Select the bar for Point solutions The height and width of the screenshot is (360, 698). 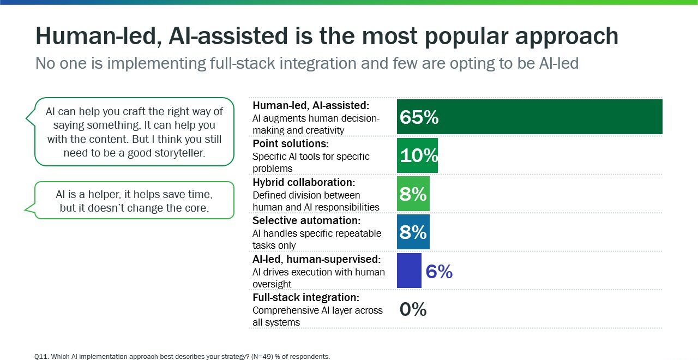tap(417, 155)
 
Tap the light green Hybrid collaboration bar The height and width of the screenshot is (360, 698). tap(413, 194)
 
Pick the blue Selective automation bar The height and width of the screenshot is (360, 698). tap(413, 232)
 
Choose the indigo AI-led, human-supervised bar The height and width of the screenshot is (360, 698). tap(409, 271)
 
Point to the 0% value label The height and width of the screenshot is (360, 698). tap(413, 310)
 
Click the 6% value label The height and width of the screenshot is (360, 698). tap(439, 271)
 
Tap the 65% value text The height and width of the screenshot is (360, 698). tap(419, 117)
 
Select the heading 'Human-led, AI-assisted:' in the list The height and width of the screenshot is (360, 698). tap(311, 105)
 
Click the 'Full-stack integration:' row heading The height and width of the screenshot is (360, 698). tap(306, 298)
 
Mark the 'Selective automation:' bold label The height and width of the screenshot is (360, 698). tap(306, 221)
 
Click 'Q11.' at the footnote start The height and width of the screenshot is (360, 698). tap(42, 357)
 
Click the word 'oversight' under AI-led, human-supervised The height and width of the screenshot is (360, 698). tap(272, 284)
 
